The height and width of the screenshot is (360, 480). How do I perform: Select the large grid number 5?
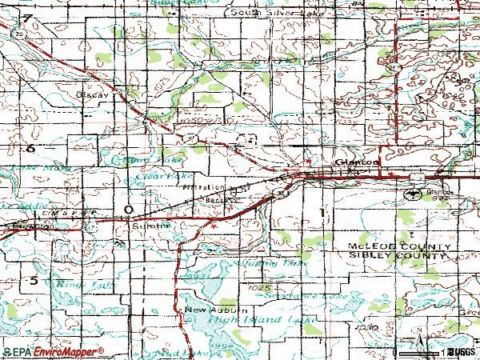coord(34,280)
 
